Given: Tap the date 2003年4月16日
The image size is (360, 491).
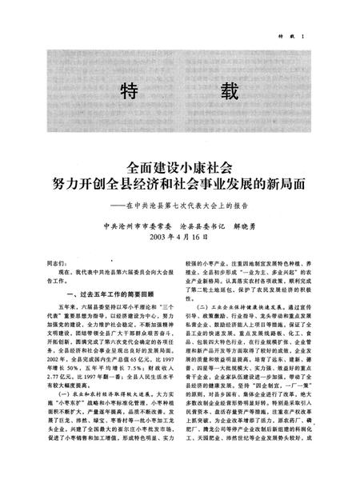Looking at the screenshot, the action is click(x=180, y=238).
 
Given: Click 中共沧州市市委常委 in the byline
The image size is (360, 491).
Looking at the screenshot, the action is click(x=141, y=226).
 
